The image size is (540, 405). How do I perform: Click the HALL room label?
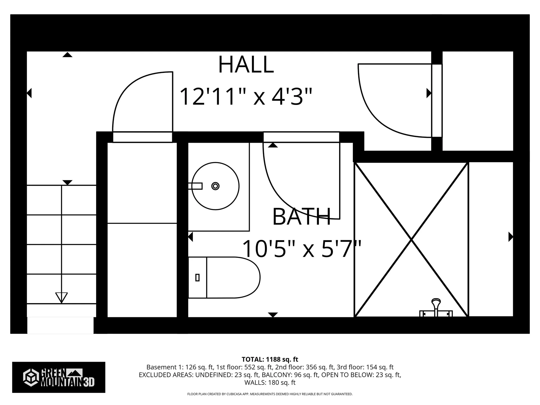point(246,65)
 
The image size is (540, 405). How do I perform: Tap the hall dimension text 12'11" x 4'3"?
point(246,96)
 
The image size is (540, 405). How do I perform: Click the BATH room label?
point(301,217)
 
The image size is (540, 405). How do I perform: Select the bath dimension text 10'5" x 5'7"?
point(301,249)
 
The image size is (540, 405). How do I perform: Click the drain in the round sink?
point(215,186)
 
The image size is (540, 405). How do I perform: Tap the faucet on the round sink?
point(195,186)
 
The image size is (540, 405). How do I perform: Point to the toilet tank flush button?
point(197,278)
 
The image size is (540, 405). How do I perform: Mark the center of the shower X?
point(411,240)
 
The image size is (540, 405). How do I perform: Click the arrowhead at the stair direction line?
point(61,298)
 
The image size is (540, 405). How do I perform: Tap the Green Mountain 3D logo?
point(58,377)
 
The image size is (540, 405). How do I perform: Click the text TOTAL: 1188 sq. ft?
point(270,359)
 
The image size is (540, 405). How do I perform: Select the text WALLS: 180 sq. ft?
point(270,382)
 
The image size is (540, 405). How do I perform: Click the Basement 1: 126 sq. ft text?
point(180,367)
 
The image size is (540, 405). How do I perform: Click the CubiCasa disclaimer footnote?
point(270,394)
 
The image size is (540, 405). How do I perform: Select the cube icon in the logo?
point(31,377)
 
